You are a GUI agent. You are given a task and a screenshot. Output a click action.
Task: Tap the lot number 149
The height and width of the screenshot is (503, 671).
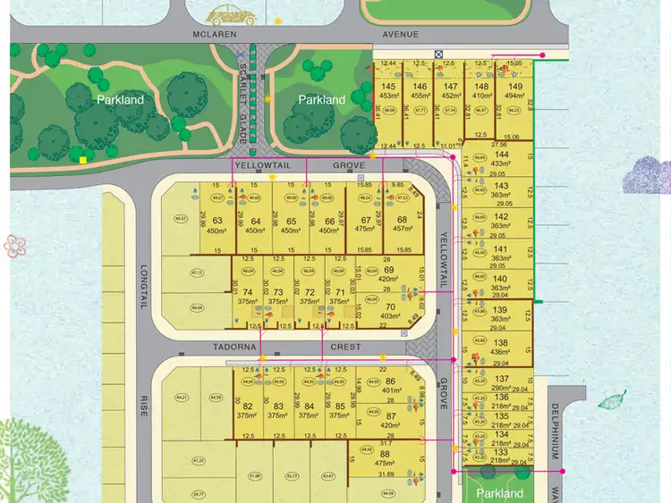[514, 87]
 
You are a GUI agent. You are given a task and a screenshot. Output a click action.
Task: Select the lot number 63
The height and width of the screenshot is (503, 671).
[217, 221]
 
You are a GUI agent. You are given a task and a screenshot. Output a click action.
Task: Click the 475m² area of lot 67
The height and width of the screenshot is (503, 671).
[364, 230]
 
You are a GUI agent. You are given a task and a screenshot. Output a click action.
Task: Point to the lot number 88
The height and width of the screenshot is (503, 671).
[385, 453]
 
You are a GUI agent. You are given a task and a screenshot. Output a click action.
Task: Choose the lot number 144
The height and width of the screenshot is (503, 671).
[501, 154]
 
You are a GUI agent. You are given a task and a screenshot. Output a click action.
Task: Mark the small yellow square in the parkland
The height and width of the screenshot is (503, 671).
[82, 160]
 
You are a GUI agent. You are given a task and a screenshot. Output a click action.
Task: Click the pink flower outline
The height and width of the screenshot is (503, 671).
[12, 245]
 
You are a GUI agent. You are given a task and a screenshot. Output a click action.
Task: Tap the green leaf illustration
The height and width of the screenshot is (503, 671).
[612, 400]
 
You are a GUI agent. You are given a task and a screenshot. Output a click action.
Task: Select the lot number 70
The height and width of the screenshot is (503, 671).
[388, 306]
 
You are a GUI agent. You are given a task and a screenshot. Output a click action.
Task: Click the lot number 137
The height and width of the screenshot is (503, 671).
[500, 379]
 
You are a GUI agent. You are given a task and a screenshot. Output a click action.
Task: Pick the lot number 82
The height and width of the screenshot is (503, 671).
[247, 406]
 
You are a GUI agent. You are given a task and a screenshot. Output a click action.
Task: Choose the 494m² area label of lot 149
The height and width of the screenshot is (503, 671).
[514, 96]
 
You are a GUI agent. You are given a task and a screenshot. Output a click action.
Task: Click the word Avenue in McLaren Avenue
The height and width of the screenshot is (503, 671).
[400, 35]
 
